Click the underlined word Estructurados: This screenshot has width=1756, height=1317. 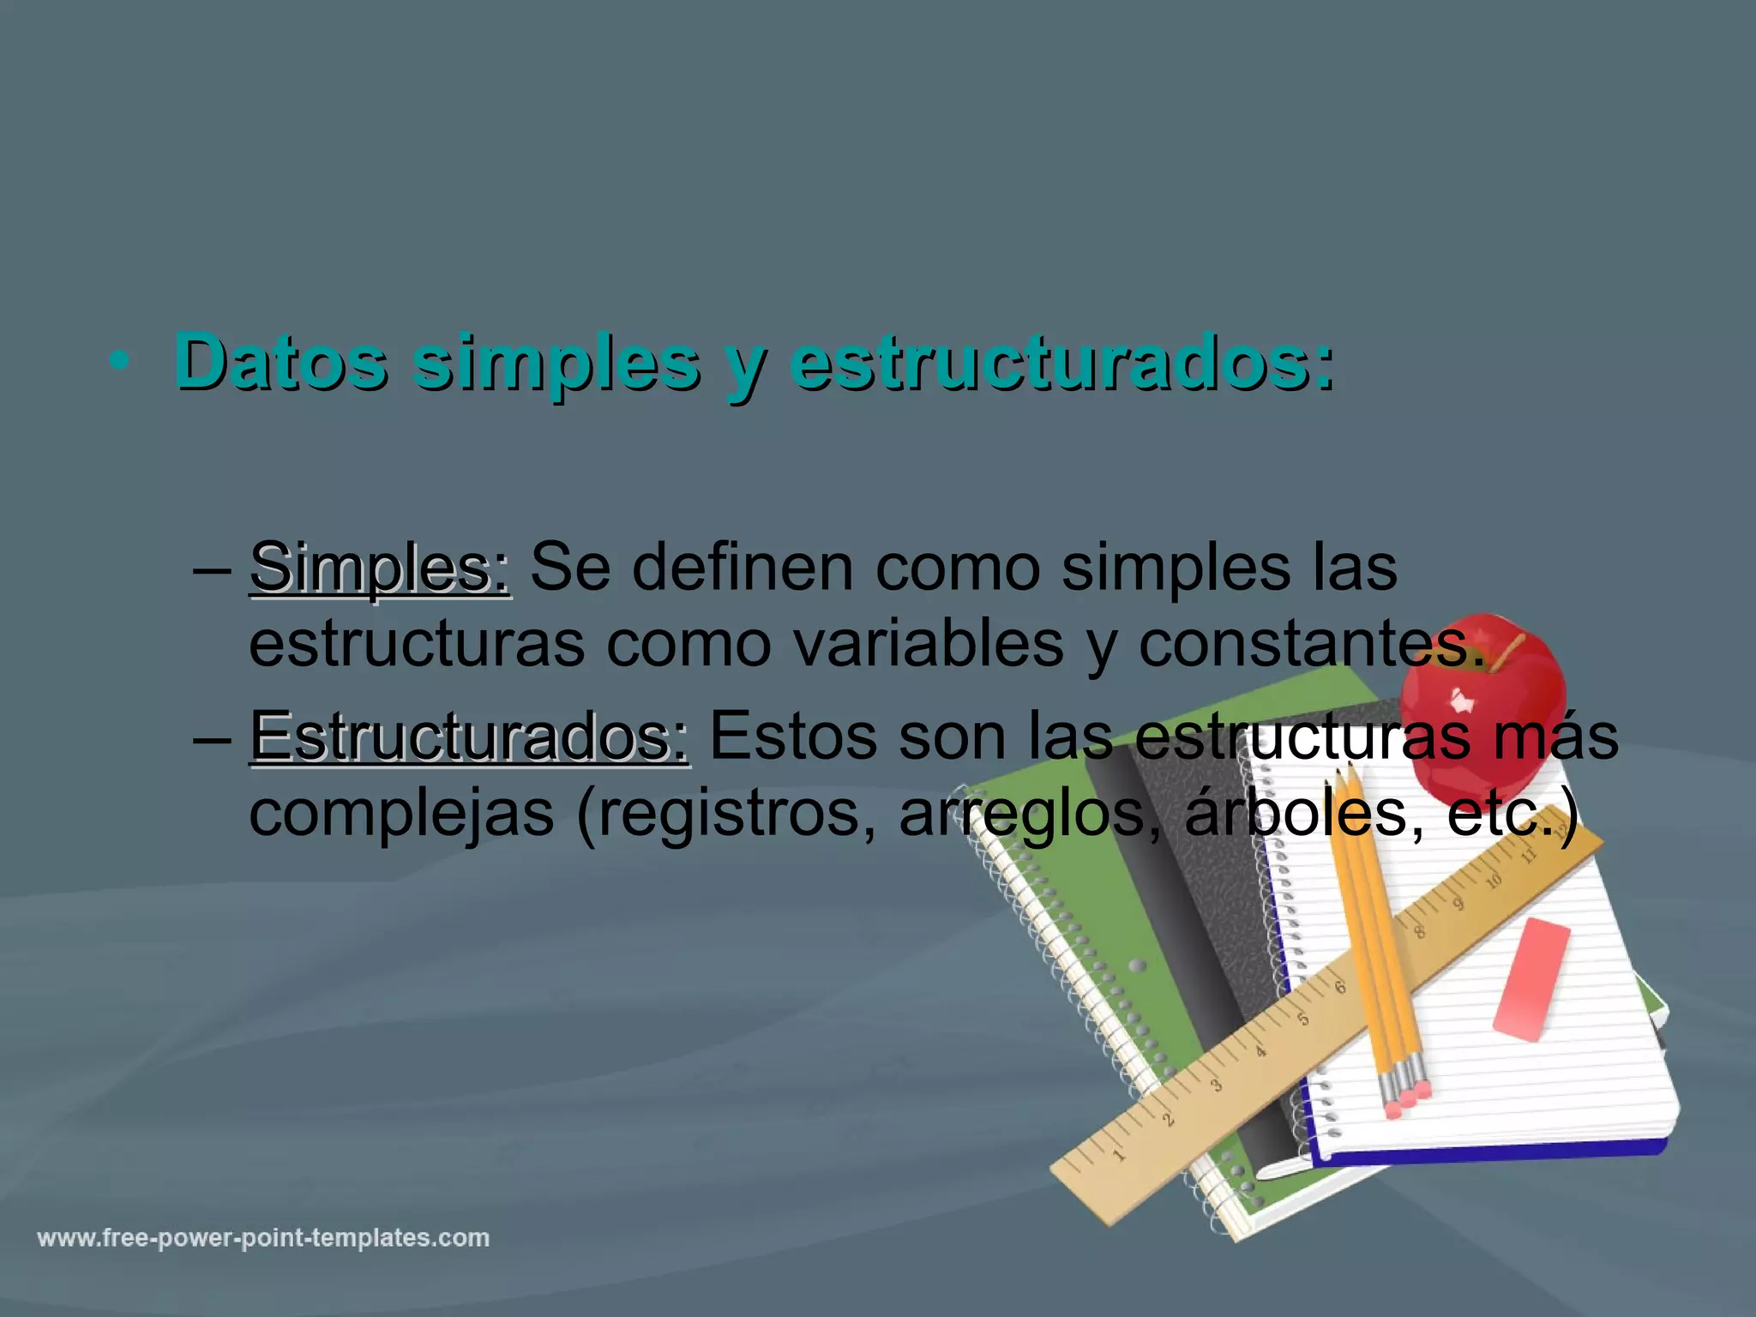tap(469, 736)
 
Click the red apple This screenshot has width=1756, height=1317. tap(1483, 703)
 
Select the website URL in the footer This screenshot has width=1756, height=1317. tap(263, 1238)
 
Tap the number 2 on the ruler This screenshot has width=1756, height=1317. tap(1168, 1120)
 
